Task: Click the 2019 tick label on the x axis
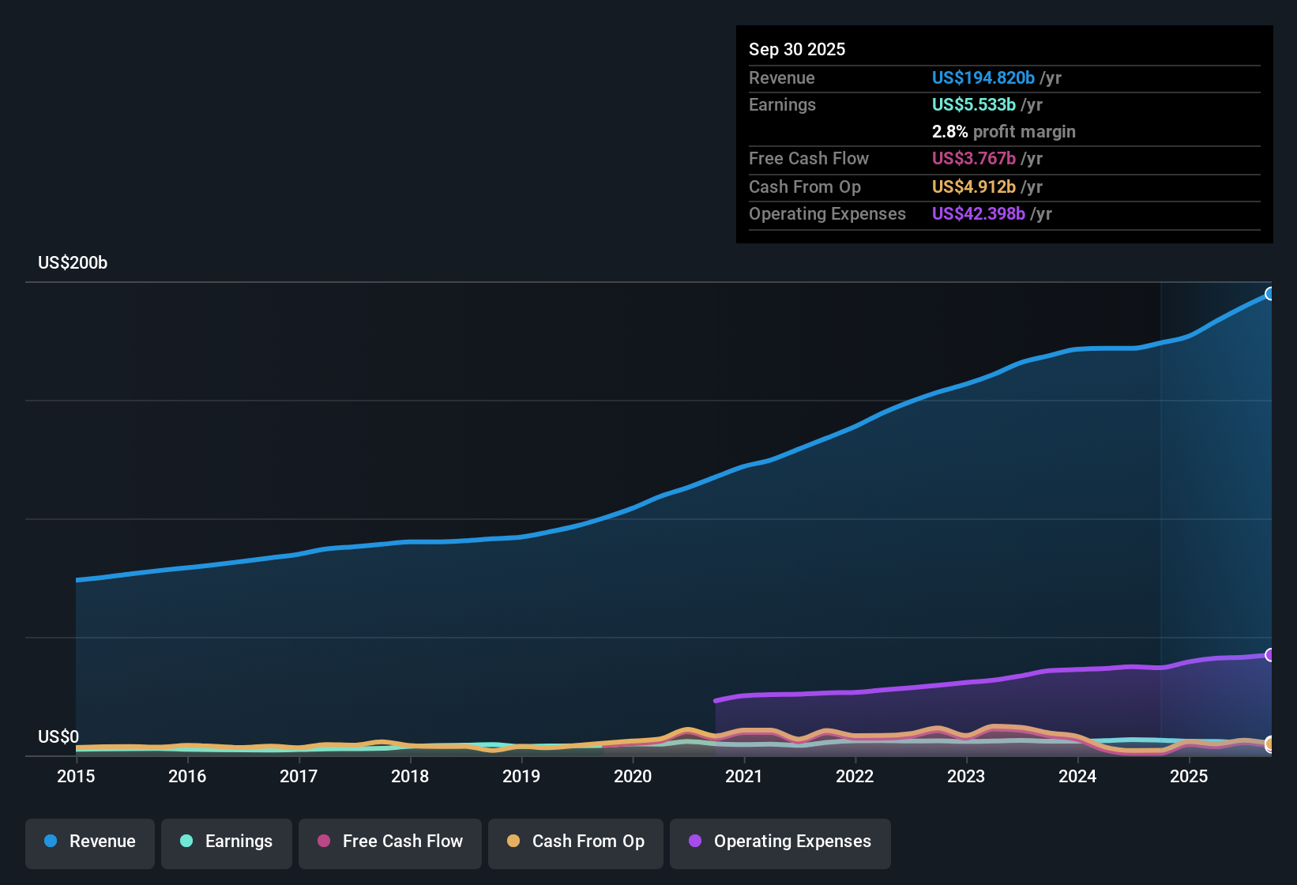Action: click(521, 776)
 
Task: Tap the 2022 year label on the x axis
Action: click(855, 776)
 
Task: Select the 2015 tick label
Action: click(76, 776)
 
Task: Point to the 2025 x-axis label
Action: click(1189, 776)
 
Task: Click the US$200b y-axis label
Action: click(73, 263)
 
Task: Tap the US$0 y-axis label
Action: click(58, 737)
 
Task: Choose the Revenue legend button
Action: click(90, 842)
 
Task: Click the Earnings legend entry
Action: click(227, 842)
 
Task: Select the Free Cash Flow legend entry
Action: click(390, 842)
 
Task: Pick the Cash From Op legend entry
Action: click(576, 842)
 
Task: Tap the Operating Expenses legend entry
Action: click(780, 842)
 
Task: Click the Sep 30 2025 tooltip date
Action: click(797, 49)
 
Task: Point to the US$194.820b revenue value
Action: click(983, 77)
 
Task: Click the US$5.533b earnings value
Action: click(973, 104)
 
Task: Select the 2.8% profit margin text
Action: click(1003, 131)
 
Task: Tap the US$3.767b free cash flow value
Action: click(973, 158)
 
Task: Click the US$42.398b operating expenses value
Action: click(978, 213)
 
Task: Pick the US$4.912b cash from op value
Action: click(973, 186)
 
